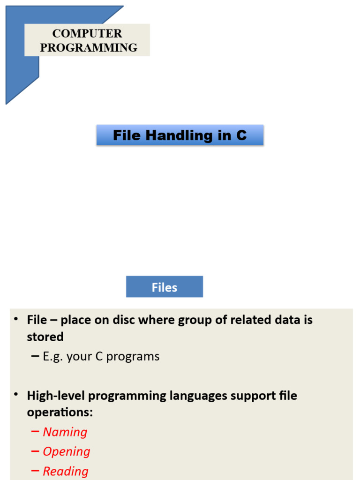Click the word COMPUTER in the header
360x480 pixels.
click(x=87, y=34)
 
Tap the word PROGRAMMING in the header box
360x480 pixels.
click(x=89, y=48)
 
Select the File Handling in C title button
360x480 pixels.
click(x=180, y=135)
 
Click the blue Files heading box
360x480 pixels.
click(x=165, y=287)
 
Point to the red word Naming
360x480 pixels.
click(x=65, y=432)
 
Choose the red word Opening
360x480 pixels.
click(x=67, y=452)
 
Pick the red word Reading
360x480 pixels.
click(x=66, y=472)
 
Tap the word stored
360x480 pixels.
click(x=45, y=337)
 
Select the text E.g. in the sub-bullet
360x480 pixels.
click(x=53, y=357)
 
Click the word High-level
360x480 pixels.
click(x=56, y=396)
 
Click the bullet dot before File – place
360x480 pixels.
click(x=15, y=320)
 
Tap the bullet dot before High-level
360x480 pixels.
click(x=15, y=396)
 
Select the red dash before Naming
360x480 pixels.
click(x=35, y=432)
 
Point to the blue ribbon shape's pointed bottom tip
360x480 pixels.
click(x=7, y=103)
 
